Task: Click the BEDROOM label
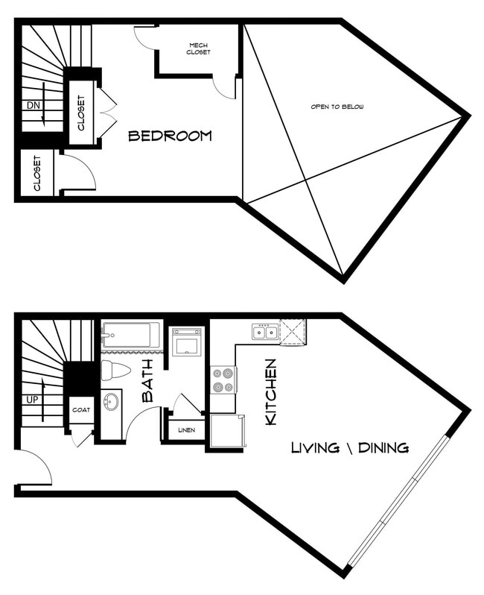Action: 170,136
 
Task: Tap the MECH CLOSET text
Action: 199,48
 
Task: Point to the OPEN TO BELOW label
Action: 337,107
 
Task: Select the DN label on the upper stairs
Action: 33,105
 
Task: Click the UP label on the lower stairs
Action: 32,400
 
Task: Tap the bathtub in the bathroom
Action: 131,335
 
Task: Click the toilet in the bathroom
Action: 116,370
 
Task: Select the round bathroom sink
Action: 111,402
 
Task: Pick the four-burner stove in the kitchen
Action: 223,380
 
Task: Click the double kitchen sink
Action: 264,331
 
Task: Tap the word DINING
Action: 383,447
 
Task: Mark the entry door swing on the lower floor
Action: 34,466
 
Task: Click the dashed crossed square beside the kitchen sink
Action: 293,330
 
